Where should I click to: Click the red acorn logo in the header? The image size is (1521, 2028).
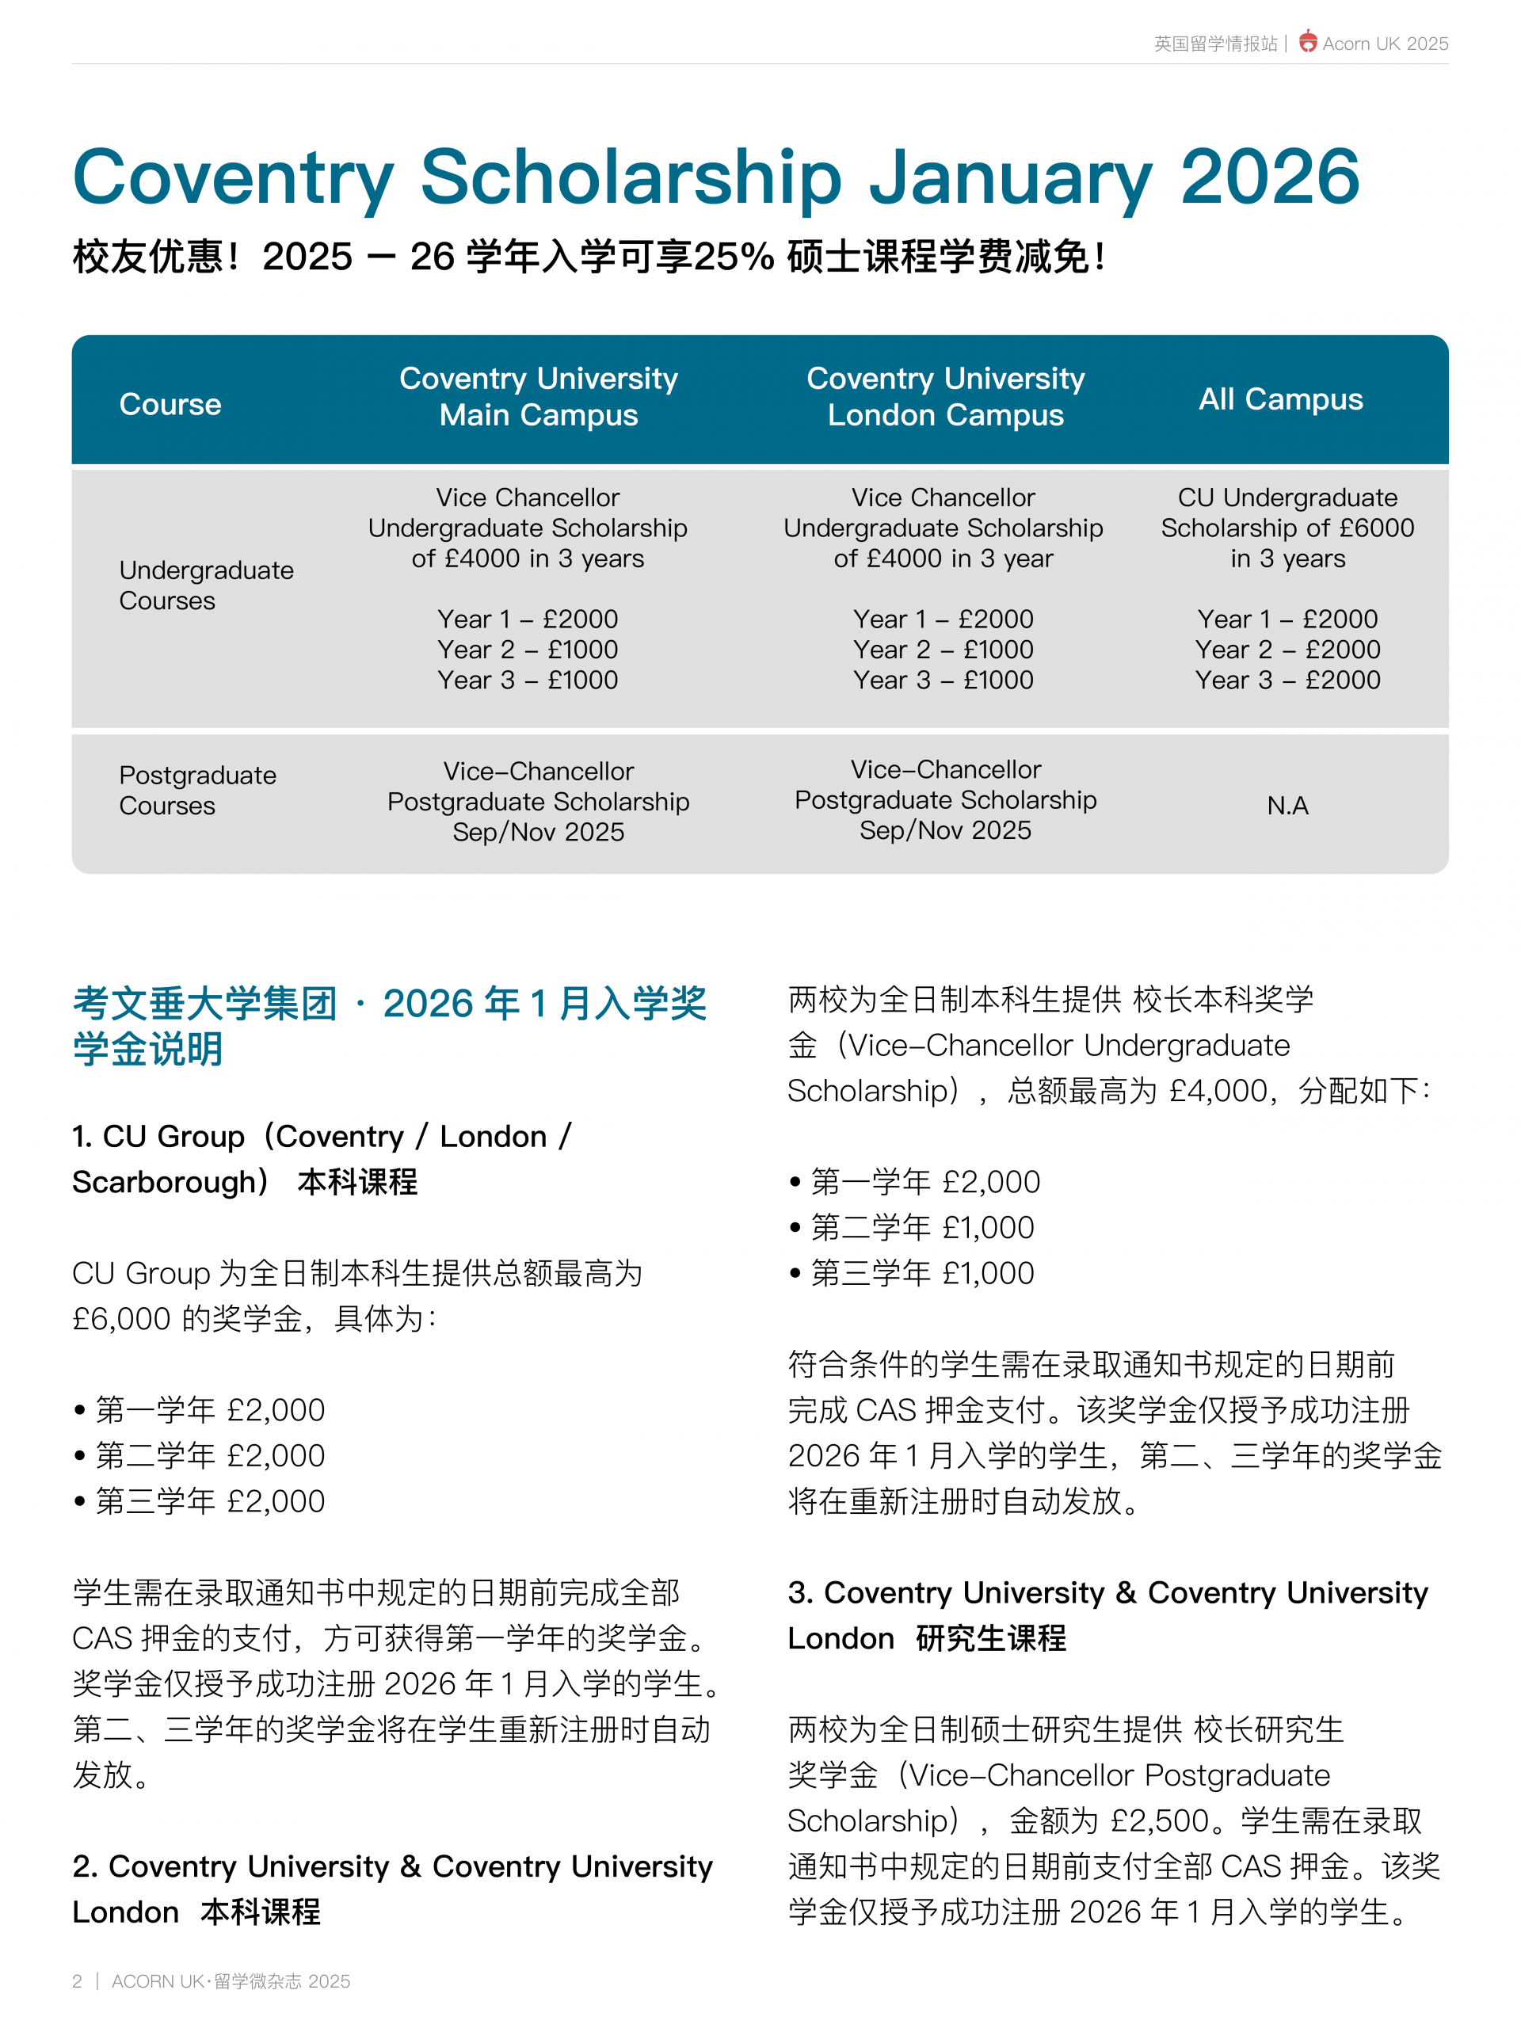click(x=1307, y=42)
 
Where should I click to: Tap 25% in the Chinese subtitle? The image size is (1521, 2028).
click(x=734, y=257)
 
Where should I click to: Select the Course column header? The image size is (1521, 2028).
click(x=170, y=404)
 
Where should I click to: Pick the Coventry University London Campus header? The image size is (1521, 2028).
click(x=945, y=396)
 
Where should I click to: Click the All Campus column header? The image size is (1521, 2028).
click(x=1281, y=398)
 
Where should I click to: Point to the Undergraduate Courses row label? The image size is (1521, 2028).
click(x=206, y=585)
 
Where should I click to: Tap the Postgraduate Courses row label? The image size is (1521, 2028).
click(x=197, y=791)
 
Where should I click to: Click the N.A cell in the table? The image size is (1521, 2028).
click(x=1287, y=805)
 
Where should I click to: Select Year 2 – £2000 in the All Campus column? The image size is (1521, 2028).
click(x=1287, y=649)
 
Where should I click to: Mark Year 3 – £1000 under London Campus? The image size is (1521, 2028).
click(x=943, y=680)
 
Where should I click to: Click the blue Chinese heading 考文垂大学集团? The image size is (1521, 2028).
click(x=204, y=1003)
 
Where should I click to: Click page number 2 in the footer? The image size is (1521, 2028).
click(x=77, y=1981)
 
